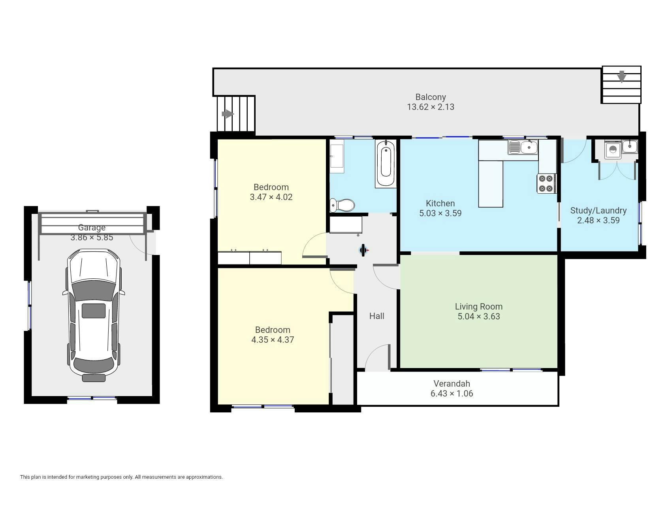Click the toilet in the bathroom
pos(342,205)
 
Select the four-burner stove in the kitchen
pos(546,183)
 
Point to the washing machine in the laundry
pos(612,150)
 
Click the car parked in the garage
pos(94,315)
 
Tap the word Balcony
pos(431,97)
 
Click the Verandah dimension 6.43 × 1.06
pos(452,393)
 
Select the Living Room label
pos(479,306)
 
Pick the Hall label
pos(376,316)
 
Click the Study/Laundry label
pos(598,210)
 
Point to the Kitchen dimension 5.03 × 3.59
pos(440,213)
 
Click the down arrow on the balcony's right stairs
pos(621,76)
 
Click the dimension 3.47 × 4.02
pos(271,197)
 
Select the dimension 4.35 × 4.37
pos(273,340)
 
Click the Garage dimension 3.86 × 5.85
pos(92,238)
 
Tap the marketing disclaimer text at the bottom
pos(121,477)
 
